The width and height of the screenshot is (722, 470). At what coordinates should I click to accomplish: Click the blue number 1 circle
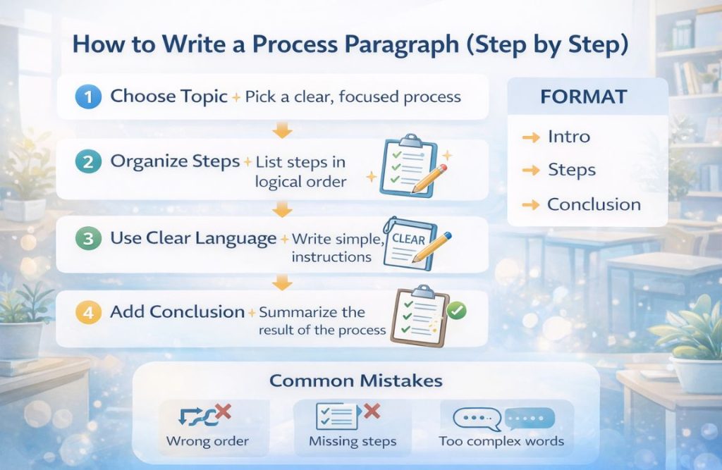[x=88, y=97]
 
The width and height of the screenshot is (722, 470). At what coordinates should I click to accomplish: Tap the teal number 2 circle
[x=88, y=163]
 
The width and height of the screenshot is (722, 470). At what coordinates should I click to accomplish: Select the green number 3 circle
[x=88, y=238]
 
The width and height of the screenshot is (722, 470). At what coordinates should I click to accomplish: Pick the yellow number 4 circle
[x=88, y=313]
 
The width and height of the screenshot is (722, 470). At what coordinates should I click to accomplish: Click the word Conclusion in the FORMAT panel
[x=594, y=205]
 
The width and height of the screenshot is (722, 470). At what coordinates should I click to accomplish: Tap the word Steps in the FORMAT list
[x=571, y=171]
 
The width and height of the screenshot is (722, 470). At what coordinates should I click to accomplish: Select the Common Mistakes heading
[x=356, y=381]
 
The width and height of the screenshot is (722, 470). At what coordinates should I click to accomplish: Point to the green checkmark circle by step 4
[x=457, y=310]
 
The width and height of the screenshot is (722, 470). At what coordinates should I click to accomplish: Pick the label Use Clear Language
[x=193, y=238]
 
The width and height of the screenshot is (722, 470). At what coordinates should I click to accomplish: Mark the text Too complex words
[x=501, y=442]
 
